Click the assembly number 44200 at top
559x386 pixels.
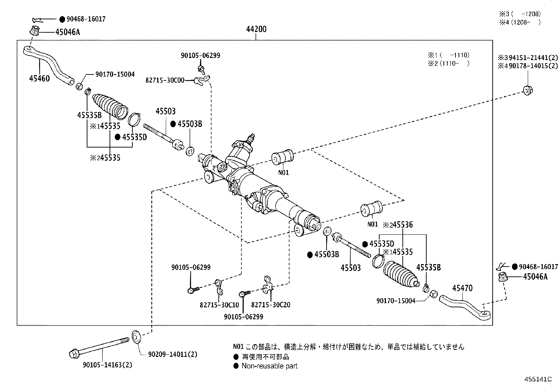coord(256,29)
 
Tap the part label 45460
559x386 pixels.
coord(39,78)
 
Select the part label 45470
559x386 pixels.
coord(462,288)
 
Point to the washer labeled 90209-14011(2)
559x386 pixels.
coord(136,336)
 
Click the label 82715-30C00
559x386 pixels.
coord(165,80)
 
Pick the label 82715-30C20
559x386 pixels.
coord(271,305)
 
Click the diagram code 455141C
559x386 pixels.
coord(538,379)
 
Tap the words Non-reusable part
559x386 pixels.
coord(269,366)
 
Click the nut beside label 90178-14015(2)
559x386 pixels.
coord(528,90)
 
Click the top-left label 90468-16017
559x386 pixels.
coord(86,19)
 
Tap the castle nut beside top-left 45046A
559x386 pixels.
coord(34,31)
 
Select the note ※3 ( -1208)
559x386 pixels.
coord(520,14)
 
